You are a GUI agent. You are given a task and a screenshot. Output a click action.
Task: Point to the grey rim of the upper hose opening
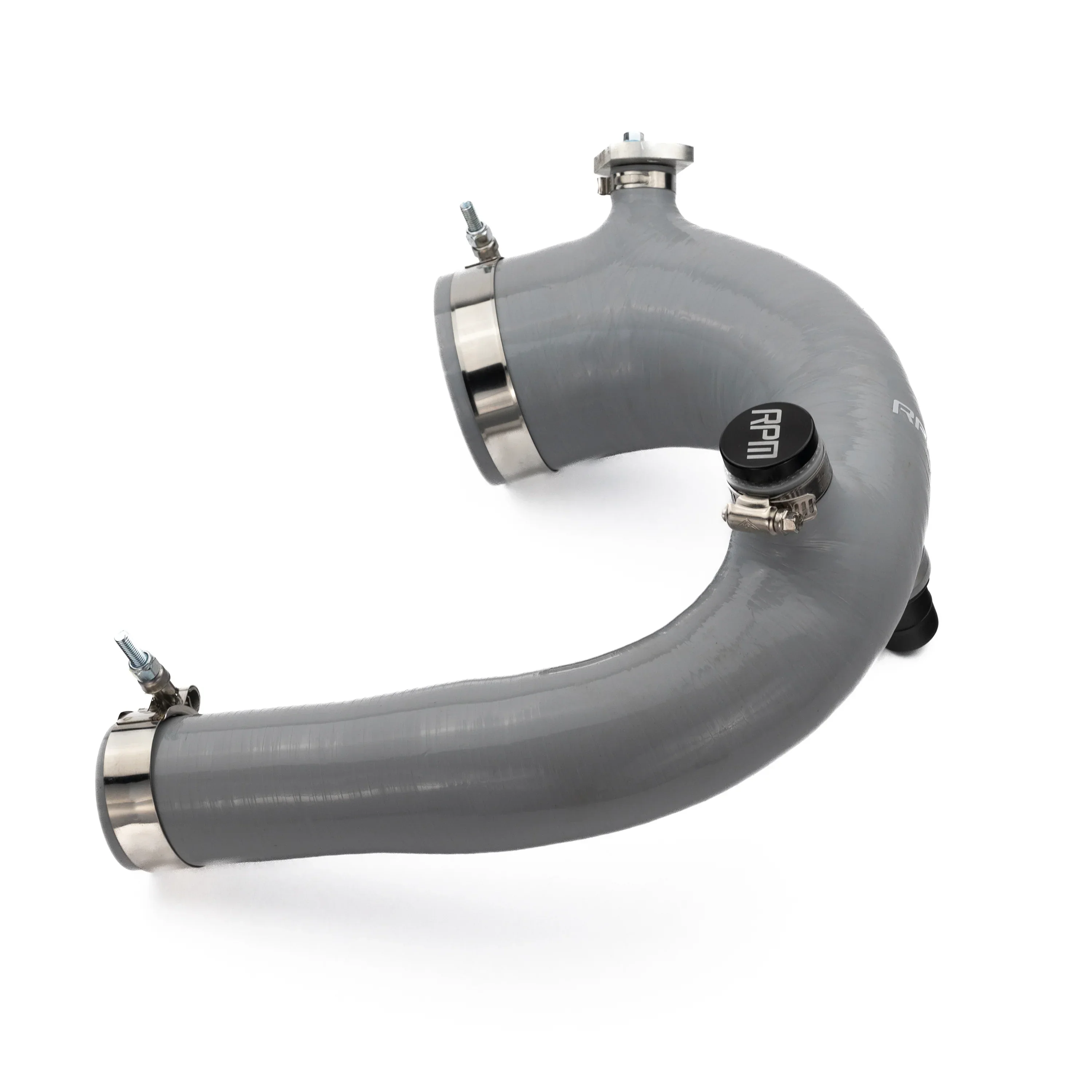click(447, 339)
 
